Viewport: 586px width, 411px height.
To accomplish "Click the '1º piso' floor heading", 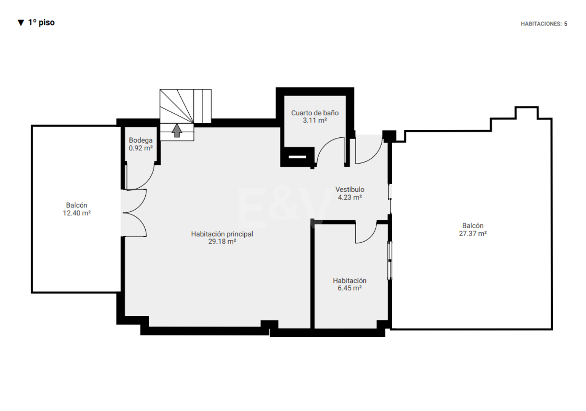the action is pyautogui.click(x=41, y=22).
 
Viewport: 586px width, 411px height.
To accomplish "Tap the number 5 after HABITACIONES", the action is pyautogui.click(x=565, y=24).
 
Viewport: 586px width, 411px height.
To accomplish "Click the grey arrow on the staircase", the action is pyautogui.click(x=177, y=130).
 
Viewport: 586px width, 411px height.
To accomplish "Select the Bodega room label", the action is pyautogui.click(x=140, y=140).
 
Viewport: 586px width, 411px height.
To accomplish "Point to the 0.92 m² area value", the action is pyautogui.click(x=140, y=148).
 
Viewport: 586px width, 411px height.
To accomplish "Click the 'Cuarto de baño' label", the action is pyautogui.click(x=315, y=113).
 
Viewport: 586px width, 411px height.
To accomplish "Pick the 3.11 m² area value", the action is pyautogui.click(x=315, y=120).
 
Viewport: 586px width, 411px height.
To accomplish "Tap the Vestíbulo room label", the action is pyautogui.click(x=350, y=190).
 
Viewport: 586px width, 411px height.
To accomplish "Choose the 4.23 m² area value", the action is pyautogui.click(x=350, y=197).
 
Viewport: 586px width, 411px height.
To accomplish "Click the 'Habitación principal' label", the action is pyautogui.click(x=222, y=234).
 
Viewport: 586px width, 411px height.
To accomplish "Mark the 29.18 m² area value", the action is pyautogui.click(x=222, y=241).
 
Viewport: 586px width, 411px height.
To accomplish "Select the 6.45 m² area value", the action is pyautogui.click(x=349, y=288).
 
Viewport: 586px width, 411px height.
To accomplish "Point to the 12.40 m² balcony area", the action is pyautogui.click(x=76, y=213).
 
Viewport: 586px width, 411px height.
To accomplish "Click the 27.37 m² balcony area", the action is pyautogui.click(x=473, y=233).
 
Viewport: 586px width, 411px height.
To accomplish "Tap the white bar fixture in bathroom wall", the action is pyautogui.click(x=297, y=157).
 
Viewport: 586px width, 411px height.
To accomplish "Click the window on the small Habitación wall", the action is pyautogui.click(x=390, y=260).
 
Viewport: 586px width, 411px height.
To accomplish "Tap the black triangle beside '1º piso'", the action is pyautogui.click(x=21, y=23).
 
